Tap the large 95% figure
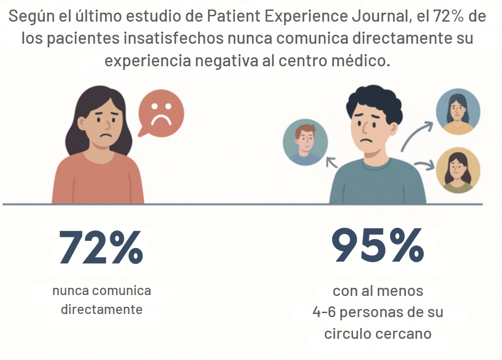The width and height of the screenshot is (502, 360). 377,245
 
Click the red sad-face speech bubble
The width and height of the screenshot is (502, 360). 161,113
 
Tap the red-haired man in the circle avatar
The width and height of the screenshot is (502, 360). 305,143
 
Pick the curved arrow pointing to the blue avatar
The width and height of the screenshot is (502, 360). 416,135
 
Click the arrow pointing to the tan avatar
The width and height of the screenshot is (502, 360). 424,166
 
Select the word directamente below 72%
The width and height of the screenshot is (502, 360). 102,310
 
